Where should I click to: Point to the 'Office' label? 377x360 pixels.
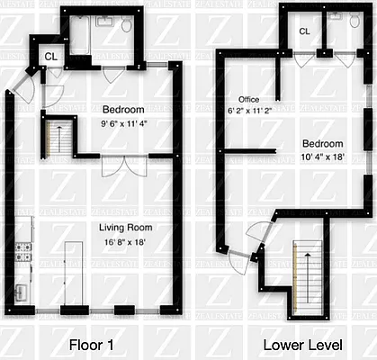248,99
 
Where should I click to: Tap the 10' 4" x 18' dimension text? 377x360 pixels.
321,157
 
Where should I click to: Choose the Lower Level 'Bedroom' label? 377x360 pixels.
321,144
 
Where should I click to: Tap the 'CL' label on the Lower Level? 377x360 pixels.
304,31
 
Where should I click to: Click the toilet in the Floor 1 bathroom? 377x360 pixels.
127,26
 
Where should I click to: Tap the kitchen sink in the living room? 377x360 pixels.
22,291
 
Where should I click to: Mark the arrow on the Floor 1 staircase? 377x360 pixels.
60,138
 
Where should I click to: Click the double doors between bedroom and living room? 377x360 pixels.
121,166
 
